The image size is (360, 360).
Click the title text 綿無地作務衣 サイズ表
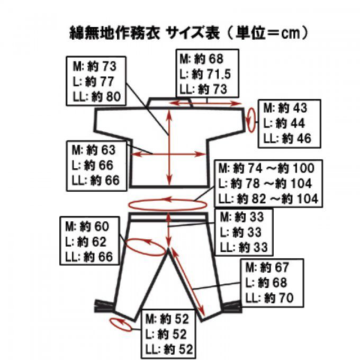pyautogui.click(x=145, y=33)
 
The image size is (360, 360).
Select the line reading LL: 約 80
pyautogui.click(x=97, y=97)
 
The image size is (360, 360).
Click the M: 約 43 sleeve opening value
pyautogui.click(x=285, y=108)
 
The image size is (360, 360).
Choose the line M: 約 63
pyautogui.click(x=94, y=150)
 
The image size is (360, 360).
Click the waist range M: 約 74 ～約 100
pyautogui.click(x=266, y=168)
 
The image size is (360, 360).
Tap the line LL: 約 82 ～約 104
pyautogui.click(x=268, y=199)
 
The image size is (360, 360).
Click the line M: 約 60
pyautogui.click(x=87, y=227)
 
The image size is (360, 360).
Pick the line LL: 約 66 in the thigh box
pyautogui.click(x=89, y=257)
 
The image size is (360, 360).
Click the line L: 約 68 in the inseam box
pyautogui.click(x=266, y=283)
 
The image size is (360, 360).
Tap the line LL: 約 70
pyautogui.click(x=269, y=298)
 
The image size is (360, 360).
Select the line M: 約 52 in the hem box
pyautogui.click(x=167, y=319)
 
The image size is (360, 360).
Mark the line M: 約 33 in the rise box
pyautogui.click(x=242, y=217)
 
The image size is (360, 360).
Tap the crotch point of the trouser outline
pyautogui.click(x=168, y=249)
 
